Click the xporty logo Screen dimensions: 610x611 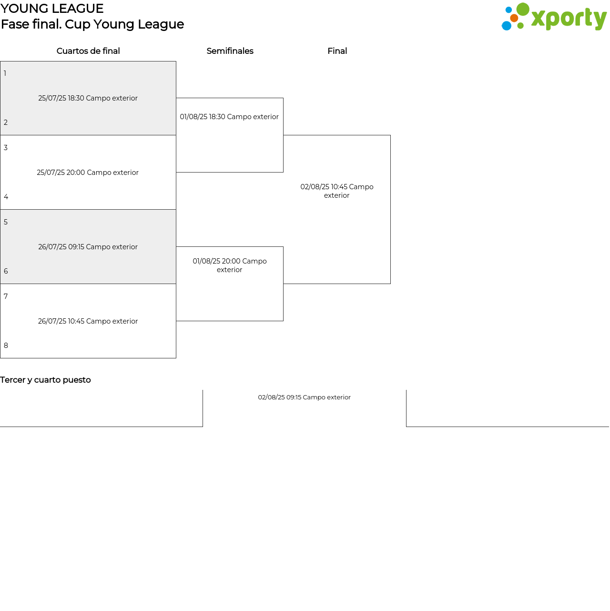(554, 17)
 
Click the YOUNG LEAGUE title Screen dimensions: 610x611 (51, 9)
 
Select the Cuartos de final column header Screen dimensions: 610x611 (88, 51)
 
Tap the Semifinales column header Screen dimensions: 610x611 (230, 51)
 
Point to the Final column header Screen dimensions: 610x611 (337, 51)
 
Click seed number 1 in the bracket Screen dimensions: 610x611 (5, 73)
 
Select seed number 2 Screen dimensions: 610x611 (6, 122)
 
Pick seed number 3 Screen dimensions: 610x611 (6, 147)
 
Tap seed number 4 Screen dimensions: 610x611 (6, 196)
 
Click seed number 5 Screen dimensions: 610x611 (6, 222)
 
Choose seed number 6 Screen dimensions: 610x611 (6, 271)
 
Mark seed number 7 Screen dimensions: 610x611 (6, 296)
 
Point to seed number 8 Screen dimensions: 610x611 (6, 345)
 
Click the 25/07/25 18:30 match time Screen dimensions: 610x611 (88, 98)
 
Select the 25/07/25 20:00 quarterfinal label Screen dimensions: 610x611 (88, 173)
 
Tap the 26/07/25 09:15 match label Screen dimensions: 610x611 (88, 247)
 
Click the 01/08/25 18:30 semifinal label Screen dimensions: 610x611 (229, 117)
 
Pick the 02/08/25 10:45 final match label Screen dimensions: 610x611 (337, 191)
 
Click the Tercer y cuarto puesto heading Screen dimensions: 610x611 (45, 380)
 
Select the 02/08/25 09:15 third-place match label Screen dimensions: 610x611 (304, 397)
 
